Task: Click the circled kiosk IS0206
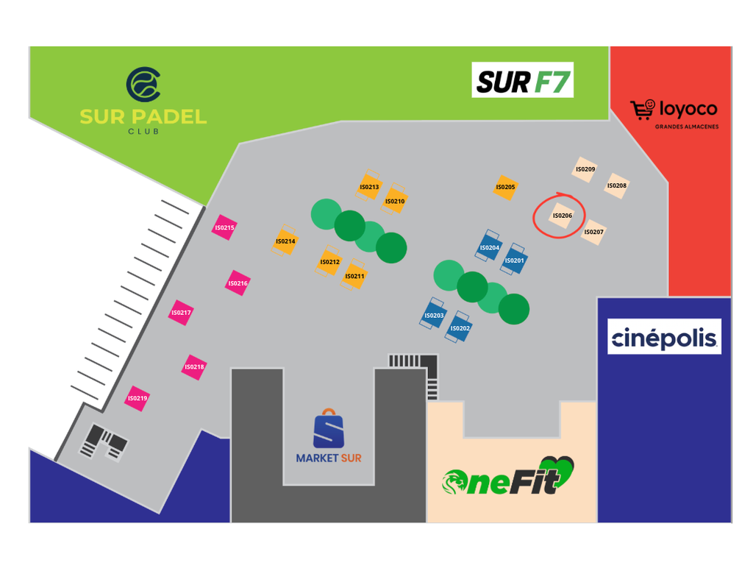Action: tap(562, 216)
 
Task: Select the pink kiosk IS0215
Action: tap(224, 227)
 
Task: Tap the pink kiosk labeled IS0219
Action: tap(137, 399)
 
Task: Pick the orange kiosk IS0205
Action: tap(505, 188)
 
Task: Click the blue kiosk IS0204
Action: tap(489, 246)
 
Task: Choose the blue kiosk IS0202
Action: tap(459, 327)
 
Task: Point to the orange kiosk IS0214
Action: tap(285, 241)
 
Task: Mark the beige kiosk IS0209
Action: tap(585, 169)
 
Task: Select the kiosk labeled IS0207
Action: tap(593, 232)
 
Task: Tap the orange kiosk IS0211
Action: tap(354, 274)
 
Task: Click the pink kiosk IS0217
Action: tap(181, 313)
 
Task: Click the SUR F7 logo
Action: tap(523, 79)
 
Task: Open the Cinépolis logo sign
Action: tap(664, 336)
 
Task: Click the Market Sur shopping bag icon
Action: tap(329, 428)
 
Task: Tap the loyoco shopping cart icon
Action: tap(643, 110)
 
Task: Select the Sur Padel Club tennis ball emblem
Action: tap(143, 85)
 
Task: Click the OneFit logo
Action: tap(508, 476)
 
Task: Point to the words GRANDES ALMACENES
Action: tap(687, 127)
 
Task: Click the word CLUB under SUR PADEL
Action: tap(143, 131)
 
